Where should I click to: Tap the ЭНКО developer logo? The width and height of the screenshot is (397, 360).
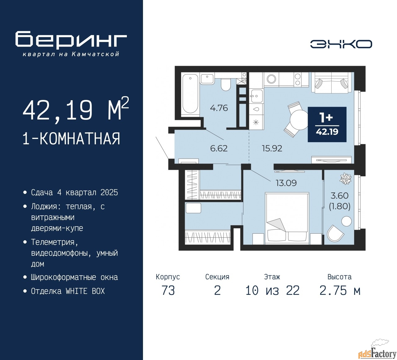pos(341,44)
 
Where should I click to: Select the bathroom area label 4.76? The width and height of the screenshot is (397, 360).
pos(219,108)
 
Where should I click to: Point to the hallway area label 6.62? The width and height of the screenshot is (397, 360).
pos(219,148)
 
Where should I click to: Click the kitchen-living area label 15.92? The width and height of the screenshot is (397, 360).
pos(272,148)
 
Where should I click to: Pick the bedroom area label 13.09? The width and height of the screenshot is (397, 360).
pos(286,183)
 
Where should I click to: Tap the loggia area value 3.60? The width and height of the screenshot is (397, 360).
pos(339,196)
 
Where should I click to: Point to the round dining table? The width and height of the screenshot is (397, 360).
pos(299,120)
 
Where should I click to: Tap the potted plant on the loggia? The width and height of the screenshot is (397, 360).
pos(346,178)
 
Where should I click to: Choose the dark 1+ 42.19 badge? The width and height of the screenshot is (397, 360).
pos(327,124)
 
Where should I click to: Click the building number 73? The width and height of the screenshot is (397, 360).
pos(168,290)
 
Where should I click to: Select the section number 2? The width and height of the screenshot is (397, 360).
pos(217,290)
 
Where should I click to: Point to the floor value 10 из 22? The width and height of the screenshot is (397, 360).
pos(272,290)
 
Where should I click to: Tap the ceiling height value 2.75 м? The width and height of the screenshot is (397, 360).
pos(340,290)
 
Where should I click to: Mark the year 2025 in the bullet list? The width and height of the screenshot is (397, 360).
pos(109,192)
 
